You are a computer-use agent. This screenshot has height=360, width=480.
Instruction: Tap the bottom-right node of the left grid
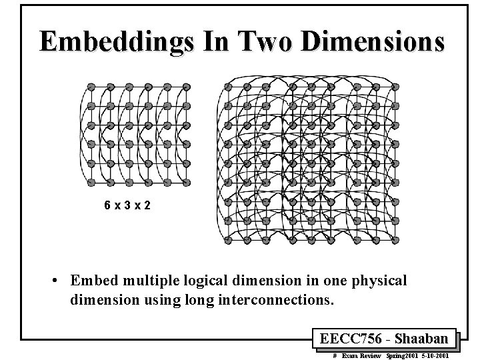[187, 181]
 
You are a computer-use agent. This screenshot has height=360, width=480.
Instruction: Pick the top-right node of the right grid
[395, 87]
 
